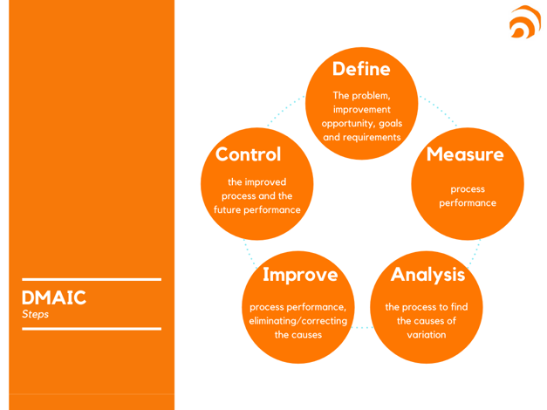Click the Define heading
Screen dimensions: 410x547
click(361, 67)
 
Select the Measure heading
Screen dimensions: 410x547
click(465, 154)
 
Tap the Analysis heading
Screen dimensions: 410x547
click(427, 274)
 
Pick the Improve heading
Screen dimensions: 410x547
click(300, 275)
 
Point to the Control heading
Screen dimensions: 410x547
click(249, 154)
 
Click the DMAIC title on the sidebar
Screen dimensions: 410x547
click(54, 297)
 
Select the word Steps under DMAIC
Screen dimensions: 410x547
click(36, 314)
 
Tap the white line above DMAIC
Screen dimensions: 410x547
click(92, 280)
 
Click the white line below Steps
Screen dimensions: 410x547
click(92, 329)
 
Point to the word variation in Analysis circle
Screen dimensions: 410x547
click(427, 335)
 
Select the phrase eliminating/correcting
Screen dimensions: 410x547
click(298, 321)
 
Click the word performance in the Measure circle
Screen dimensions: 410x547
click(468, 203)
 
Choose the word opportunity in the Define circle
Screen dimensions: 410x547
click(343, 124)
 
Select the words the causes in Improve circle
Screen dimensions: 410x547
click(298, 335)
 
